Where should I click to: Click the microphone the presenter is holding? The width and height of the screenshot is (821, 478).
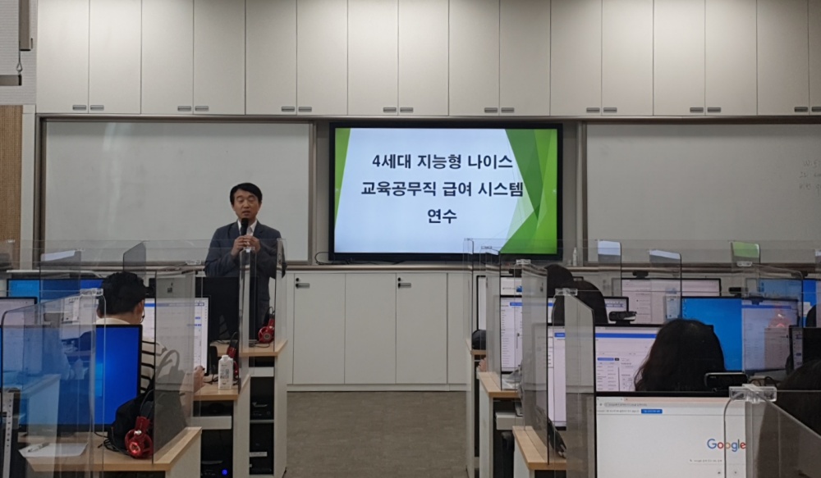(244, 226)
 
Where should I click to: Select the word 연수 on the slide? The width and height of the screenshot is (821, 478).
(442, 217)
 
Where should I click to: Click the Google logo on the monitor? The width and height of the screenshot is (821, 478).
(727, 444)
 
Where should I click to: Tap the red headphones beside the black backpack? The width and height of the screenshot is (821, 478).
(139, 439)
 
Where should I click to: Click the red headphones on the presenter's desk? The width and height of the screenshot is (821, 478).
(266, 331)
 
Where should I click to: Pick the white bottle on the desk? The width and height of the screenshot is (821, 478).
(225, 372)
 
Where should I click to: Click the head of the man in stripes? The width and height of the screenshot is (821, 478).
(121, 295)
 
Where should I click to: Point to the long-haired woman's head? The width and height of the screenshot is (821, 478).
(679, 355)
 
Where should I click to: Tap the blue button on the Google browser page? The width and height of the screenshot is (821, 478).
(652, 410)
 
